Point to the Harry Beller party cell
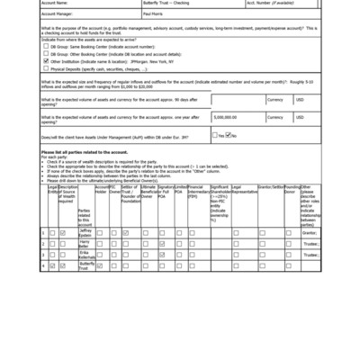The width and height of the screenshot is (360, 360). (x=85, y=244)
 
